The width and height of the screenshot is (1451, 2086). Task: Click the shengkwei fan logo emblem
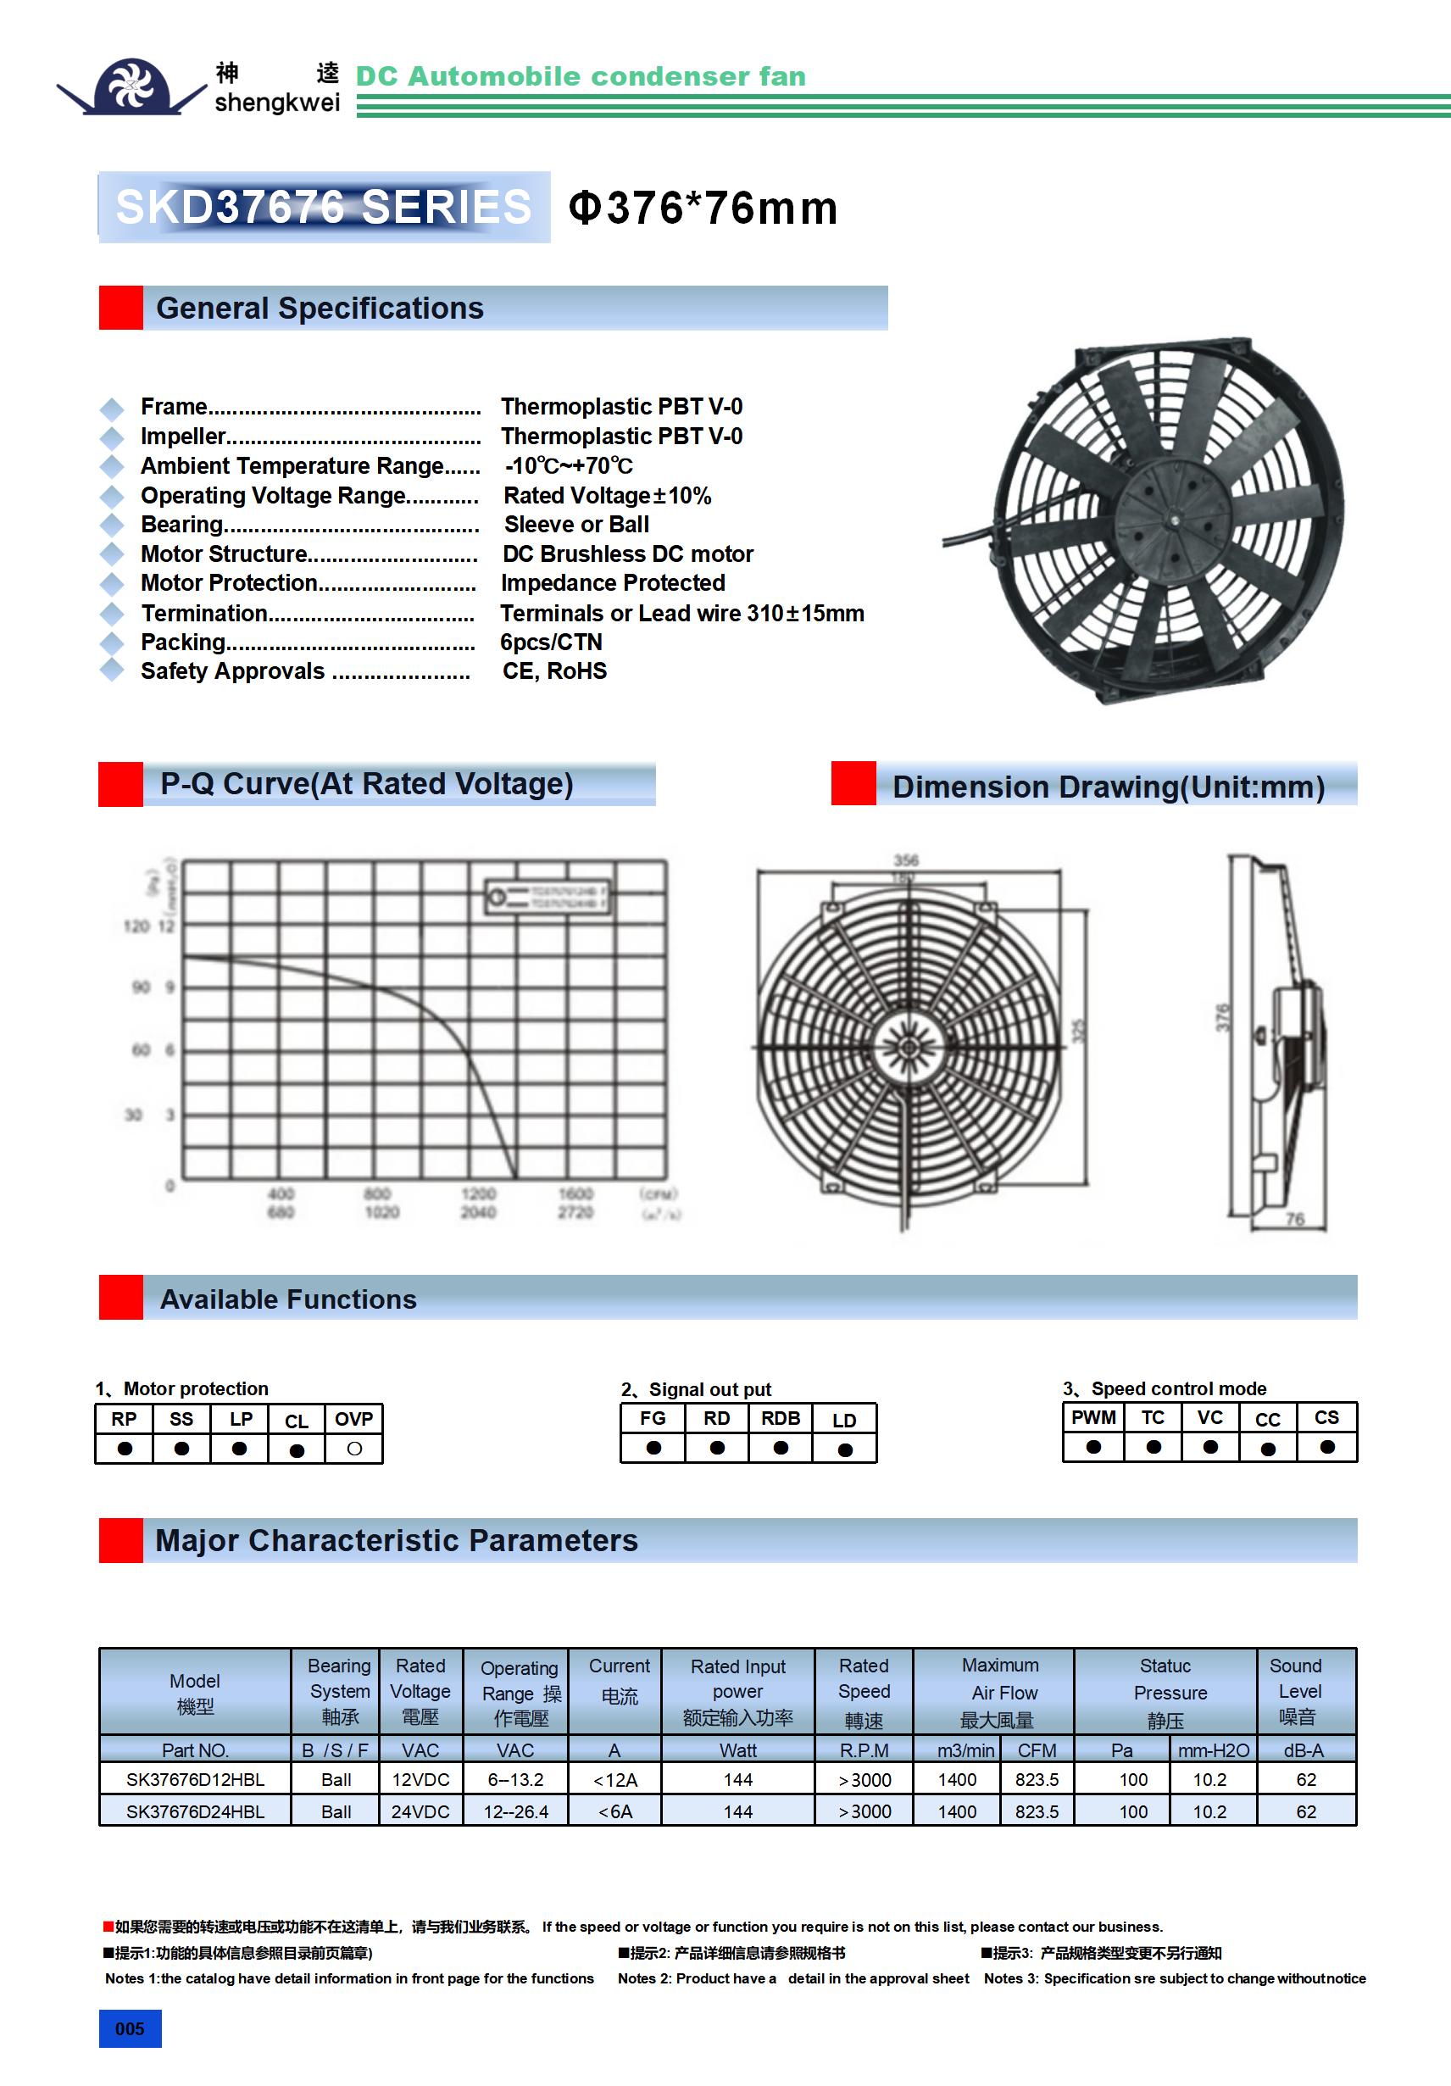click(133, 86)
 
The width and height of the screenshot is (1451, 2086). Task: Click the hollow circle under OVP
click(354, 1449)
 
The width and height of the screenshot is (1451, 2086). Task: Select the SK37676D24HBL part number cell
click(195, 1811)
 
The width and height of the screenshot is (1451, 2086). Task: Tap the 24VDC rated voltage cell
click(420, 1811)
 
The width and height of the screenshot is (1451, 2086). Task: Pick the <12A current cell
click(615, 1780)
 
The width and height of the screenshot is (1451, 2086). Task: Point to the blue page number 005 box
click(130, 2028)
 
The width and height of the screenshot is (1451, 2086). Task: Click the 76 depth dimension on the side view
click(1295, 1219)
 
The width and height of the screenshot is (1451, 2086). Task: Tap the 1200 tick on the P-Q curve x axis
click(478, 1193)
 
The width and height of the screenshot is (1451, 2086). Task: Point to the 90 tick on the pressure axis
click(141, 987)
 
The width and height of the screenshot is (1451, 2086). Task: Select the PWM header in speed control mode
click(1093, 1417)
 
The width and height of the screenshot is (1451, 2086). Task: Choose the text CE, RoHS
click(554, 671)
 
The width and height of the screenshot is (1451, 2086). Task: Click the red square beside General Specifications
click(121, 308)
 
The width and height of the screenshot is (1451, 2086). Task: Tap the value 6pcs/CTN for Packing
click(551, 642)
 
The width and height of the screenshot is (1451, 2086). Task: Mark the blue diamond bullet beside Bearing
click(112, 526)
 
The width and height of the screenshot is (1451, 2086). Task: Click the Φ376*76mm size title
click(703, 208)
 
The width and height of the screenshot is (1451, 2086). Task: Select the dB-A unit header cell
click(1304, 1749)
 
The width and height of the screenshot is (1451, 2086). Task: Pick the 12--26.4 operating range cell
click(515, 1811)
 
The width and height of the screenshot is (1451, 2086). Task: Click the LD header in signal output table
click(844, 1420)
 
